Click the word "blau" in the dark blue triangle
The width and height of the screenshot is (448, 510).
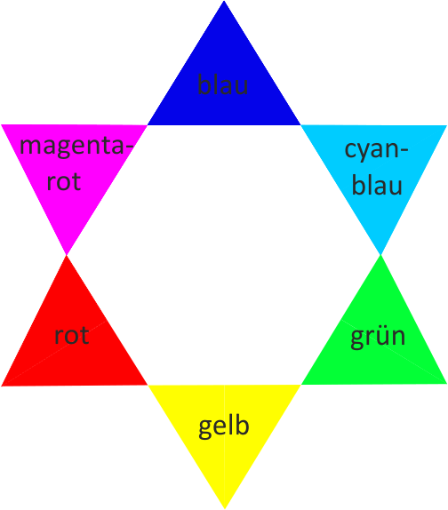coord(223,84)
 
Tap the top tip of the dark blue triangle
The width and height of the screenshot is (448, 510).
coord(224,1)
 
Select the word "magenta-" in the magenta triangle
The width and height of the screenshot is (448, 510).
coord(76,147)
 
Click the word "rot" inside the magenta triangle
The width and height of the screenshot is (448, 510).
coord(64,181)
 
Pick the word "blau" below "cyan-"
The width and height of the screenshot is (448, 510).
coord(377,185)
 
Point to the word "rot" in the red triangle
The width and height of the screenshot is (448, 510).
coord(72,335)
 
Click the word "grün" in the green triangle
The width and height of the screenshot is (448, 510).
coord(378,337)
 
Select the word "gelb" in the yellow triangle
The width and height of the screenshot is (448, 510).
coord(224,426)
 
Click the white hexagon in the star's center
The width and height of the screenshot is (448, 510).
coord(224,255)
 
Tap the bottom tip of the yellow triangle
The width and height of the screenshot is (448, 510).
coord(225,508)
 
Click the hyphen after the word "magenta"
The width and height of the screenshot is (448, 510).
coord(129,150)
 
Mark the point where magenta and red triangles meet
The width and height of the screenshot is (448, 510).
coord(67,255)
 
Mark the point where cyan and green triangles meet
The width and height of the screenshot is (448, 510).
coord(381,255)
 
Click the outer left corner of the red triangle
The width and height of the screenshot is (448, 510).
coord(2,386)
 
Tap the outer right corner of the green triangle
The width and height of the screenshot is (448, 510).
coord(446,384)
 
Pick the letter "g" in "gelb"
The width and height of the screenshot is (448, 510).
coord(205,429)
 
